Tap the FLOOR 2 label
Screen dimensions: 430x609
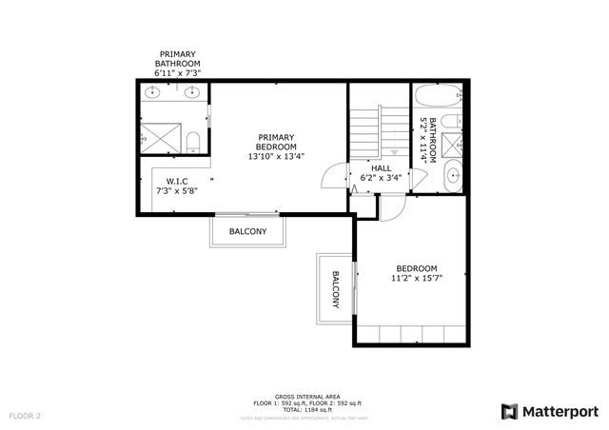click(x=27, y=416)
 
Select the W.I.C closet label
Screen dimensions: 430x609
click(x=175, y=181)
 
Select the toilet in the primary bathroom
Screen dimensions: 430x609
click(x=193, y=142)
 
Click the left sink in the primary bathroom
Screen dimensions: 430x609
click(x=156, y=92)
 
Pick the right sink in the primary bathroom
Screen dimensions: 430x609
click(x=194, y=92)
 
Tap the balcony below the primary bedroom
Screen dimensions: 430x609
click(x=247, y=231)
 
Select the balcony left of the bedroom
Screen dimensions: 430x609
click(x=334, y=288)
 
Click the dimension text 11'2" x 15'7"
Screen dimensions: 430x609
click(x=417, y=279)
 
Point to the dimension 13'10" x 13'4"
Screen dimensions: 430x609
click(x=276, y=156)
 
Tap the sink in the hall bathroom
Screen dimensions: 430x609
click(x=454, y=175)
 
